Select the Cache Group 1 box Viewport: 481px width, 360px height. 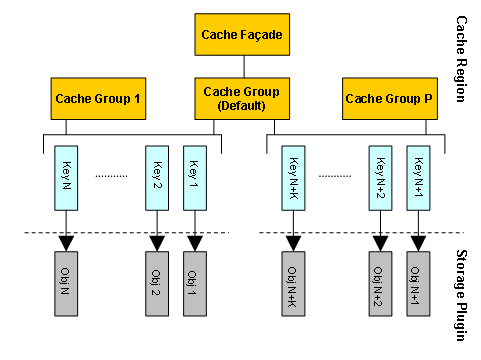pos(98,99)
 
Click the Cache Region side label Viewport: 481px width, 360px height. pos(462,60)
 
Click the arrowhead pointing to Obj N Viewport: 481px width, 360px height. pos(65,242)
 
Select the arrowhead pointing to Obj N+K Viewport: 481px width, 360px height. pos(292,242)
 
